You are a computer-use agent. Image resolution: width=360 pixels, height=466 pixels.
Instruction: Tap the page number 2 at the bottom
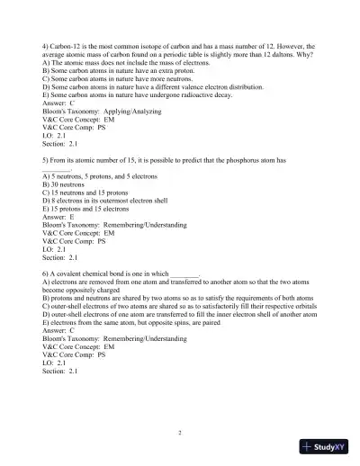[180, 433]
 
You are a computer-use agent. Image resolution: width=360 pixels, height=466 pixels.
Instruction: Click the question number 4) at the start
[47, 45]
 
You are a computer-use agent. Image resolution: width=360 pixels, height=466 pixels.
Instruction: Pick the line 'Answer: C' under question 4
[58, 104]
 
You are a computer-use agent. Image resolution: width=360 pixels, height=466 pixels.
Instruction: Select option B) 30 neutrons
[67, 184]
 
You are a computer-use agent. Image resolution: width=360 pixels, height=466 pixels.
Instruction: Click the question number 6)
[47, 273]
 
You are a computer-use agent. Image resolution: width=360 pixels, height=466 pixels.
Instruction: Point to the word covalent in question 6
[75, 273]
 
